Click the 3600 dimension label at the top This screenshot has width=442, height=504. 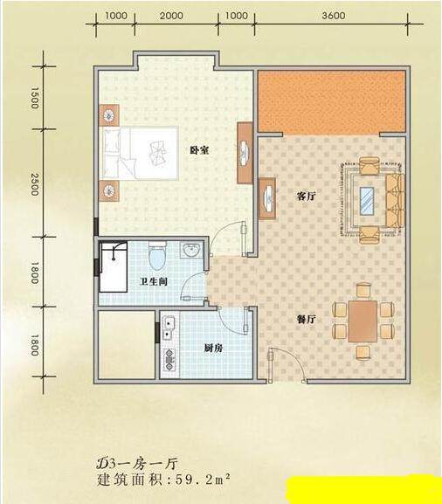click(334, 16)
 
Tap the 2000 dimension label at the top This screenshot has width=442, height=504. click(171, 16)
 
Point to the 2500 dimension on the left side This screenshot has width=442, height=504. click(35, 184)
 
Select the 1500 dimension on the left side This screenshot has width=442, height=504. click(35, 97)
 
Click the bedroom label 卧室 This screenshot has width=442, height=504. click(199, 150)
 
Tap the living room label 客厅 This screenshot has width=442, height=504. click(306, 196)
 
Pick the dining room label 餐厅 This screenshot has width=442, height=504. click(306, 319)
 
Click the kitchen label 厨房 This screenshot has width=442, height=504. click(213, 349)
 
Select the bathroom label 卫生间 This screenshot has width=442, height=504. click(154, 282)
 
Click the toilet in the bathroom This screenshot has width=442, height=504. click(157, 256)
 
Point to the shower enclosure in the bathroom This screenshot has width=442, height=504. click(114, 266)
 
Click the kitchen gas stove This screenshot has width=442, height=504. click(169, 359)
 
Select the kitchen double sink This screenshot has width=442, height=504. click(169, 328)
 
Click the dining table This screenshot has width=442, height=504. click(363, 321)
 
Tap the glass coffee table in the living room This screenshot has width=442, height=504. click(367, 201)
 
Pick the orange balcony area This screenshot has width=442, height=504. click(331, 101)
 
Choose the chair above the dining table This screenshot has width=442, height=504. click(363, 290)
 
